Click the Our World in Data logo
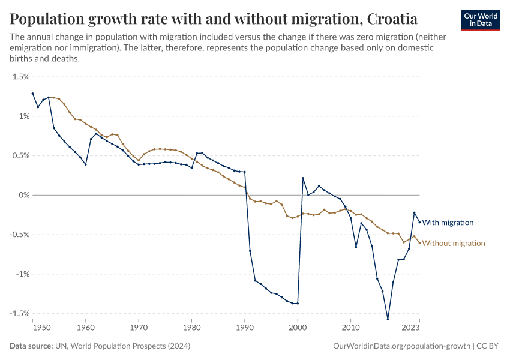point(481,20)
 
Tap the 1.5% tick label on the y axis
point(21,77)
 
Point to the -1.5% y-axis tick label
point(19,313)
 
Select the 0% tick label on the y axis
point(23,195)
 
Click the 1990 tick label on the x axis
point(245,328)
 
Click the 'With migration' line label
point(448,223)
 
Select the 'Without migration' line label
point(453,243)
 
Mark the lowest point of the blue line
point(388,319)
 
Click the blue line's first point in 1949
point(32,94)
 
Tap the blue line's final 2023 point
point(419,222)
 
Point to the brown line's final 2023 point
point(419,242)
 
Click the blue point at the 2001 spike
point(303,178)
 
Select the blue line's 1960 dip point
point(86,164)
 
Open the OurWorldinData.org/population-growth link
point(401,346)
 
